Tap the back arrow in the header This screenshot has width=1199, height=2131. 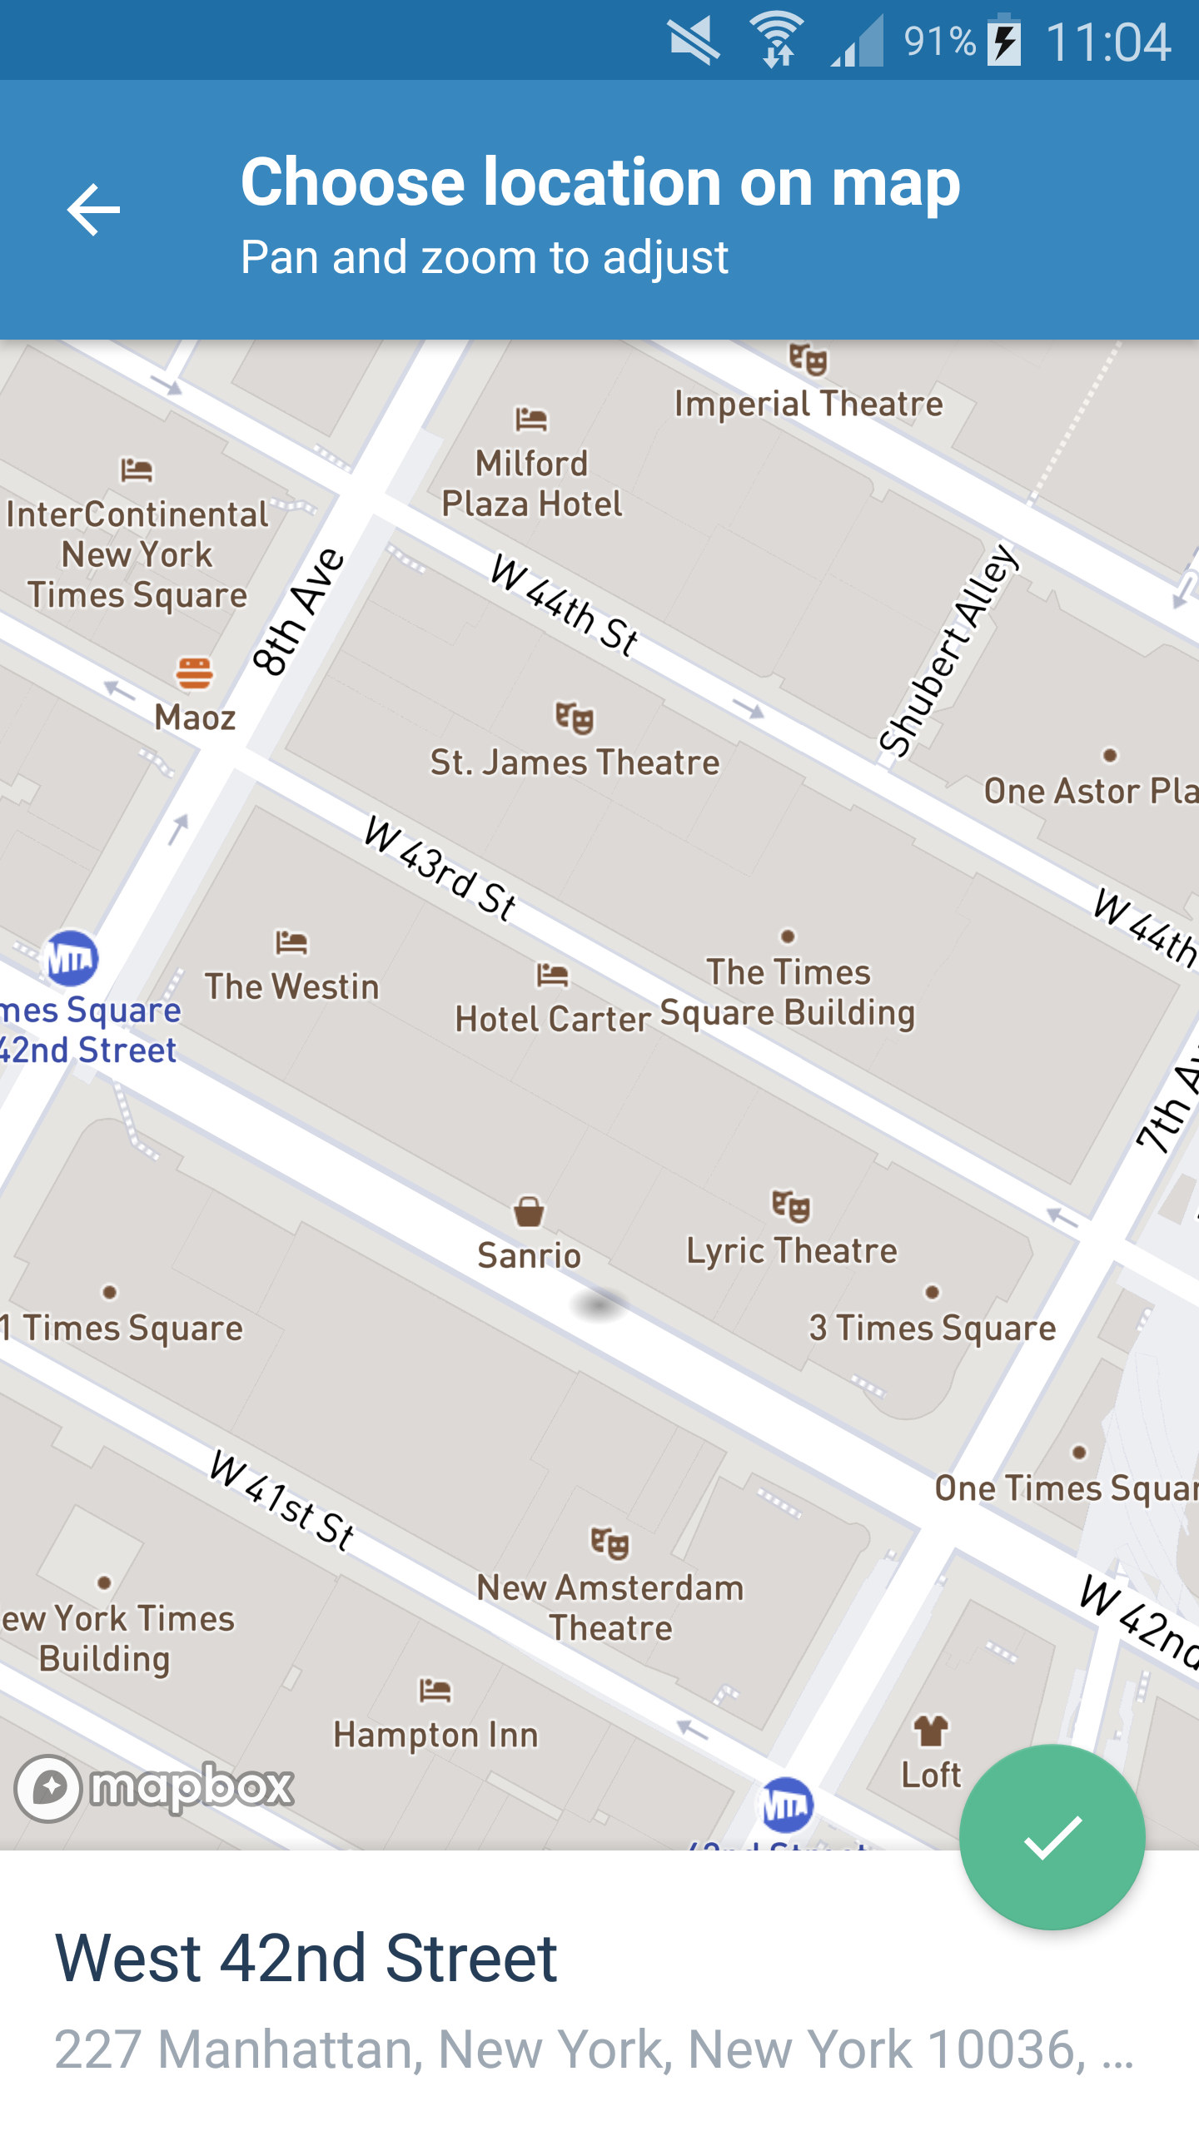[93, 210]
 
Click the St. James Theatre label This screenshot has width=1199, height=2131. [575, 762]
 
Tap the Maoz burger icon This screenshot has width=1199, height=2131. [194, 673]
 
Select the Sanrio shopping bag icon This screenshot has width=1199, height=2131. [529, 1211]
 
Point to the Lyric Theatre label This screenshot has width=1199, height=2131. [791, 1250]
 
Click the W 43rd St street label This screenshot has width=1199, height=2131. [440, 868]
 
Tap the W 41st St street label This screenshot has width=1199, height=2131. [282, 1500]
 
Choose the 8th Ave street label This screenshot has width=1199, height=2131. [298, 611]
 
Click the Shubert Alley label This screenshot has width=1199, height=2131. [948, 650]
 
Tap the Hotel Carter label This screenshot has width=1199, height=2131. [552, 1018]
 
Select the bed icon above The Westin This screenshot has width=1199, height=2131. [291, 942]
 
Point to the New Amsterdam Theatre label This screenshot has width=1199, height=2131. [610, 1607]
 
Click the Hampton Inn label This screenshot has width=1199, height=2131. [435, 1735]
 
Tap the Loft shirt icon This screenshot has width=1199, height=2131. [931, 1731]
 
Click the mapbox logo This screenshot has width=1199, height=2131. [155, 1788]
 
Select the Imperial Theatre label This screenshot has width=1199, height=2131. [808, 404]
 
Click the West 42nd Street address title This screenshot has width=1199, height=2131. [306, 1959]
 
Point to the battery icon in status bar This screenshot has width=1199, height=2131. [1004, 40]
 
